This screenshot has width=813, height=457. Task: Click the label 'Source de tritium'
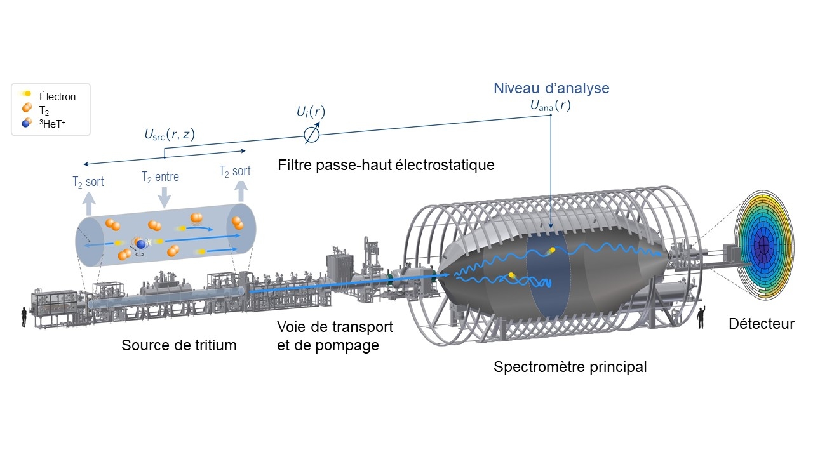178,346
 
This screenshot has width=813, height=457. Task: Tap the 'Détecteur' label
761,324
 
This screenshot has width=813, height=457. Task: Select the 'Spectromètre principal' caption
570,368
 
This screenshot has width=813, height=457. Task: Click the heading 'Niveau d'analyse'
551,88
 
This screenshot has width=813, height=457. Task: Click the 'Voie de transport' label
335,328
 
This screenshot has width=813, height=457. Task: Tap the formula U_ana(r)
551,107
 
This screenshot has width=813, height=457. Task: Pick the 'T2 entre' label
160,176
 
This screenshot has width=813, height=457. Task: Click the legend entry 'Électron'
57,97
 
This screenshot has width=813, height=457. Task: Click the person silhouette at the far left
24,316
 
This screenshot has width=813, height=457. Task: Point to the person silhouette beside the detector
702,317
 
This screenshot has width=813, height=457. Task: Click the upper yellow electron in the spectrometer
551,250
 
